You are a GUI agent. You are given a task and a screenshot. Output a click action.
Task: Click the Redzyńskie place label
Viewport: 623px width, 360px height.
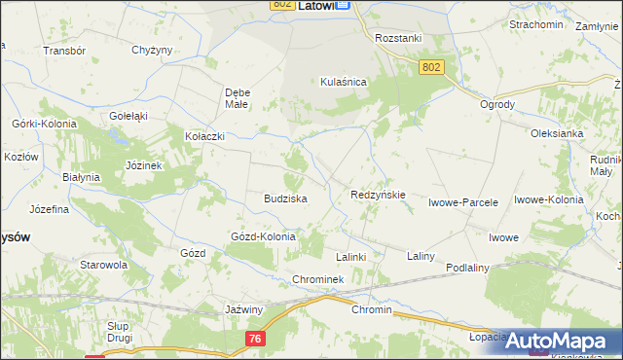[x=378, y=195]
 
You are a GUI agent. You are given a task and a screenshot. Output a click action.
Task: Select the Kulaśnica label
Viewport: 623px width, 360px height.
[x=343, y=83]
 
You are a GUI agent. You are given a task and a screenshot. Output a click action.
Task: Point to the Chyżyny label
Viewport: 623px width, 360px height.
[x=151, y=50]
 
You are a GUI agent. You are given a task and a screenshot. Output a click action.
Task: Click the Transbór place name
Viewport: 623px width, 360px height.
[x=65, y=50]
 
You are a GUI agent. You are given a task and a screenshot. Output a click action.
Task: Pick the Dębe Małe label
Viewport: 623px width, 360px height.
[x=238, y=98]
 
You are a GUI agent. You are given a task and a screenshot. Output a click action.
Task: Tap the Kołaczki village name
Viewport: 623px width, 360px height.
[x=205, y=137]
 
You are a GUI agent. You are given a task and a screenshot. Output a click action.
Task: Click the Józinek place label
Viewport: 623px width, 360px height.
[x=142, y=165]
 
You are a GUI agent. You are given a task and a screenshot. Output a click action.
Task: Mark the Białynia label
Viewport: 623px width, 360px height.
[x=81, y=177]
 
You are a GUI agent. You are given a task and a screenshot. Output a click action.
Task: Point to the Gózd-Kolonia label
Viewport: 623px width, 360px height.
[x=262, y=236]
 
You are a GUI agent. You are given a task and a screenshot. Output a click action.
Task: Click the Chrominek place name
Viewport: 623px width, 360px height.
[x=318, y=279]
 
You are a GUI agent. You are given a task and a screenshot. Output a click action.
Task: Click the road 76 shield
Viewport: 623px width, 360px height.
[x=254, y=337]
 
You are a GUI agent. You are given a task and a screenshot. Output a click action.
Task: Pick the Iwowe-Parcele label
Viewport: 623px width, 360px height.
[x=463, y=202]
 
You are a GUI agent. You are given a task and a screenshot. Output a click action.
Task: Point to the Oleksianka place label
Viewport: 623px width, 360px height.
[x=556, y=133]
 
